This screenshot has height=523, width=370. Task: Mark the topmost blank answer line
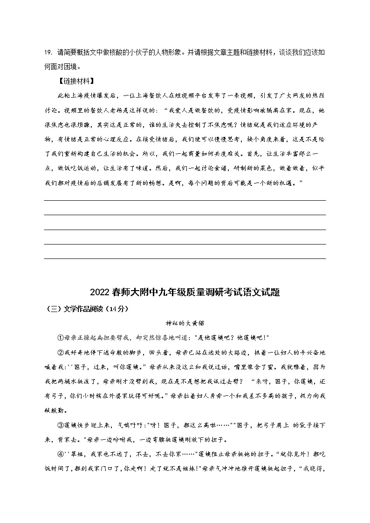click(x=185, y=200)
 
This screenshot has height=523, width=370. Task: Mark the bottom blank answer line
click(x=185, y=258)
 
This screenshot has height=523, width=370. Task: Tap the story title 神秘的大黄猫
click(x=185, y=322)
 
